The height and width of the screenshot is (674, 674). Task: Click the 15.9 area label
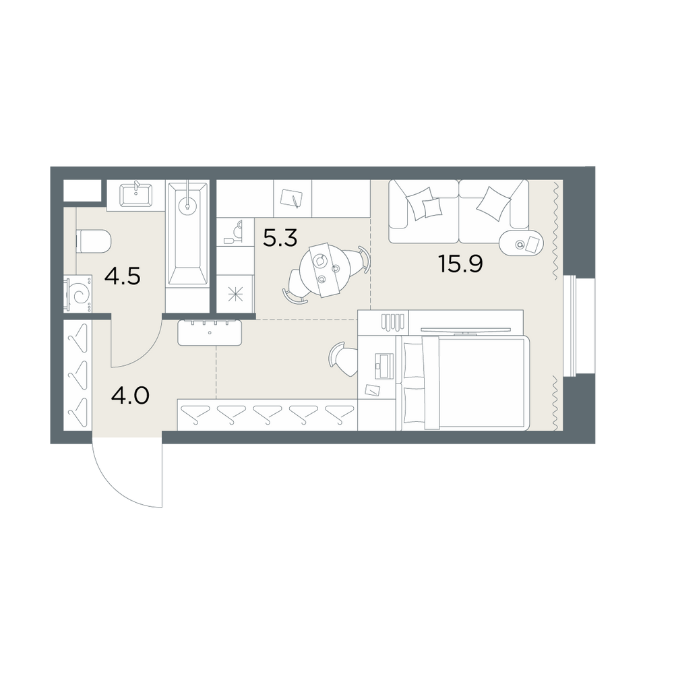click(x=460, y=264)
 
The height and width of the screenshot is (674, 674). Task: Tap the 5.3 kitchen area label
click(x=280, y=238)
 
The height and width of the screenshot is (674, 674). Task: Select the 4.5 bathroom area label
click(x=123, y=276)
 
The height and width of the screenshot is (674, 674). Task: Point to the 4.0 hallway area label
click(x=130, y=396)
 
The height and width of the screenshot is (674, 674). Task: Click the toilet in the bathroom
click(x=94, y=241)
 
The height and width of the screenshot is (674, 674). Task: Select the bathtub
click(x=187, y=234)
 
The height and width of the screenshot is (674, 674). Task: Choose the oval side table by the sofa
click(x=522, y=244)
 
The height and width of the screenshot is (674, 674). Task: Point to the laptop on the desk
click(x=384, y=366)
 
